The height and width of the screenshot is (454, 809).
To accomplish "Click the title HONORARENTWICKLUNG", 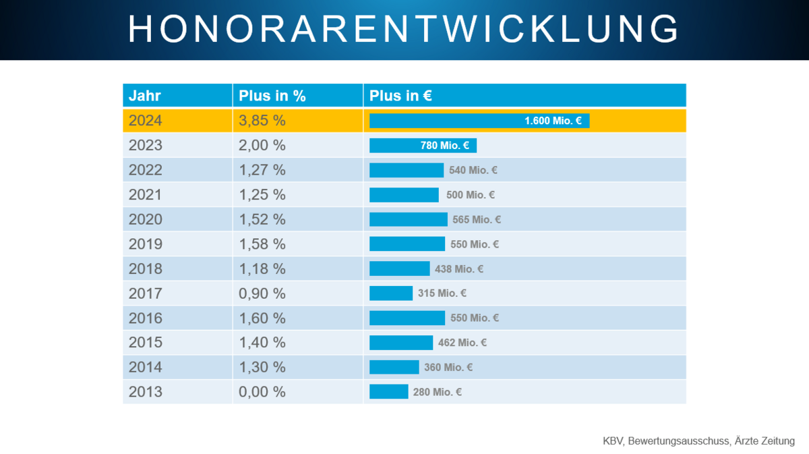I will click(404, 30).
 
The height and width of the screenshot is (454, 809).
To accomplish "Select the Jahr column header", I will click(145, 96).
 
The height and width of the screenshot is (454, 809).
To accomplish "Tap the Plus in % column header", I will click(272, 96).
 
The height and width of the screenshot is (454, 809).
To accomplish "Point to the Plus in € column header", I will click(400, 96).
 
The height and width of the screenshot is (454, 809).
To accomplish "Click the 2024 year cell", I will click(146, 121).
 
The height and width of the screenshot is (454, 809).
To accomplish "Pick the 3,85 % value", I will click(262, 121).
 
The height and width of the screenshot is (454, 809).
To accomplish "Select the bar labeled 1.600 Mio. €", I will click(479, 121).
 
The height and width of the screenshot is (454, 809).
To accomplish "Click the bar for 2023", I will click(423, 145).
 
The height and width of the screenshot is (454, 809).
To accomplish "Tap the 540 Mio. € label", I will click(473, 170).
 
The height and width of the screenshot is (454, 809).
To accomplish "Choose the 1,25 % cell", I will click(262, 195).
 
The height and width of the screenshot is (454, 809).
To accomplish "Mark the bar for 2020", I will click(408, 219).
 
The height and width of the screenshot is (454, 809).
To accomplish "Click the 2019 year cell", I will click(146, 244).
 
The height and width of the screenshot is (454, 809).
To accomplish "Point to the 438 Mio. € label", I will click(459, 268).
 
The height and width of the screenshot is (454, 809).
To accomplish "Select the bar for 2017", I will click(391, 293).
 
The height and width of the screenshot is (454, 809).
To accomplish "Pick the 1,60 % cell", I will click(262, 318).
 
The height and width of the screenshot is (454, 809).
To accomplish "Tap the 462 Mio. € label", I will click(462, 343).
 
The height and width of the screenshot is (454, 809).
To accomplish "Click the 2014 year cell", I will click(146, 367).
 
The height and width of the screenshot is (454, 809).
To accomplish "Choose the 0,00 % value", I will click(262, 392).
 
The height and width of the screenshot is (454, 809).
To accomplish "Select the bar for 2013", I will click(388, 392).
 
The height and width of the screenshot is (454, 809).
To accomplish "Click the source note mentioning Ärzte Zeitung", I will click(698, 441).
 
